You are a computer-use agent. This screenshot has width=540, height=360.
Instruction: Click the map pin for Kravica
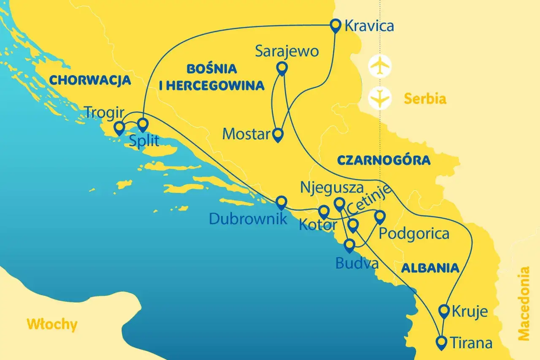click(335, 26)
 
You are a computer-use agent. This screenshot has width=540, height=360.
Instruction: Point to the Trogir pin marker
click(119, 127)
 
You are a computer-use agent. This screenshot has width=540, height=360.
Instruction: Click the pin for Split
click(143, 124)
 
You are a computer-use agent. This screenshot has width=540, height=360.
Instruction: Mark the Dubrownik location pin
click(281, 203)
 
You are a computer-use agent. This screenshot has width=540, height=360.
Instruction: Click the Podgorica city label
click(414, 233)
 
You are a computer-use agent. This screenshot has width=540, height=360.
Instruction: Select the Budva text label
click(356, 263)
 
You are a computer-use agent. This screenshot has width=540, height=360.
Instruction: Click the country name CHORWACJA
click(90, 80)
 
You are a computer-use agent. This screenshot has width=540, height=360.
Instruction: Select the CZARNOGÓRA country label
click(383, 160)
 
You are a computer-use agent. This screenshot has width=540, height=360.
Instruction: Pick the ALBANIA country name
click(430, 268)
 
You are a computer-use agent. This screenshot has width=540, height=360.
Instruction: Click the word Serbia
click(425, 99)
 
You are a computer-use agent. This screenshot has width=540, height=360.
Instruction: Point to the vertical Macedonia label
click(524, 303)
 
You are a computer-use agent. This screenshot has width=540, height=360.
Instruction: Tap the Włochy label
click(52, 324)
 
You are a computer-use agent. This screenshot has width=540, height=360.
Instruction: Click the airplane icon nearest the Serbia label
click(380, 98)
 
